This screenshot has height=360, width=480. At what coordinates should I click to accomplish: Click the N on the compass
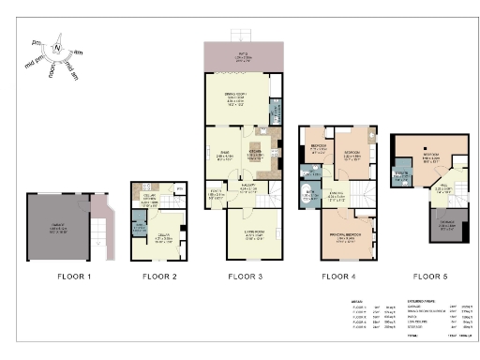coord(57,47)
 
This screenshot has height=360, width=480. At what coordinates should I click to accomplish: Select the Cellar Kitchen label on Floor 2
coord(148,199)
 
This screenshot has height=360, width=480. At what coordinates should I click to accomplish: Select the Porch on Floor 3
coord(215,193)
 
